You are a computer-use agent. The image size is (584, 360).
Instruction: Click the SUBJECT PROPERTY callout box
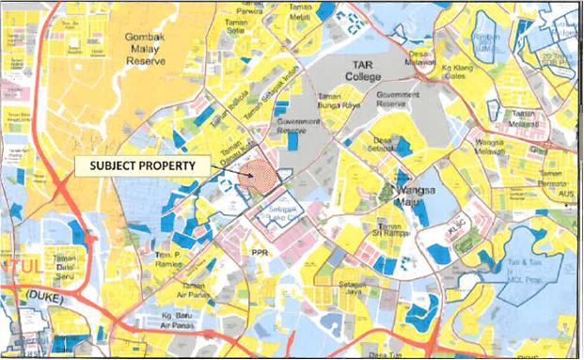(142, 165)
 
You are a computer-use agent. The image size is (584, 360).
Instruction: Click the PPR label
(260, 252)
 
